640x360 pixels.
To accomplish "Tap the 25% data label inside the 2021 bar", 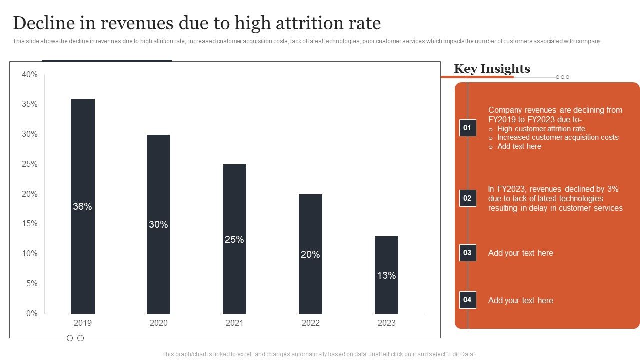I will pos(234,240).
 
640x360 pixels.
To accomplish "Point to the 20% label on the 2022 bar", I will pos(310,255).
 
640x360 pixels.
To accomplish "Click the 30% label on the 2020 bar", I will pos(158,225).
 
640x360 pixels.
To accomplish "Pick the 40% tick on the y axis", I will pos(30,75).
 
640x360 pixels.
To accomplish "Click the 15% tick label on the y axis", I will pos(30,224).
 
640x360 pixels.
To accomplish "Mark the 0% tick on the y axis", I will pos(32,314).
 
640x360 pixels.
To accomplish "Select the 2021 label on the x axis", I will pos(234,323).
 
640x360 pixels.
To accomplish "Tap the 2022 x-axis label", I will pos(310,323).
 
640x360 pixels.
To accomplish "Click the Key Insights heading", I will pos(492,69).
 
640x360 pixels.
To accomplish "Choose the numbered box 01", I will pos(467,128).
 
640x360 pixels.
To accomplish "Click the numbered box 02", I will pos(467,198).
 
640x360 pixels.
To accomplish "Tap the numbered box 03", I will pos(467,253).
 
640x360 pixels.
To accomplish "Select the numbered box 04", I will pos(467,300).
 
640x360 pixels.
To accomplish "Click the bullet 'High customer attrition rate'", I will pos(541,129).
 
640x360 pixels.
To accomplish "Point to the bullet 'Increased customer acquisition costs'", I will pos(558,137).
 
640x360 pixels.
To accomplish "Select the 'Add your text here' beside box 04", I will pos(520,300).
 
